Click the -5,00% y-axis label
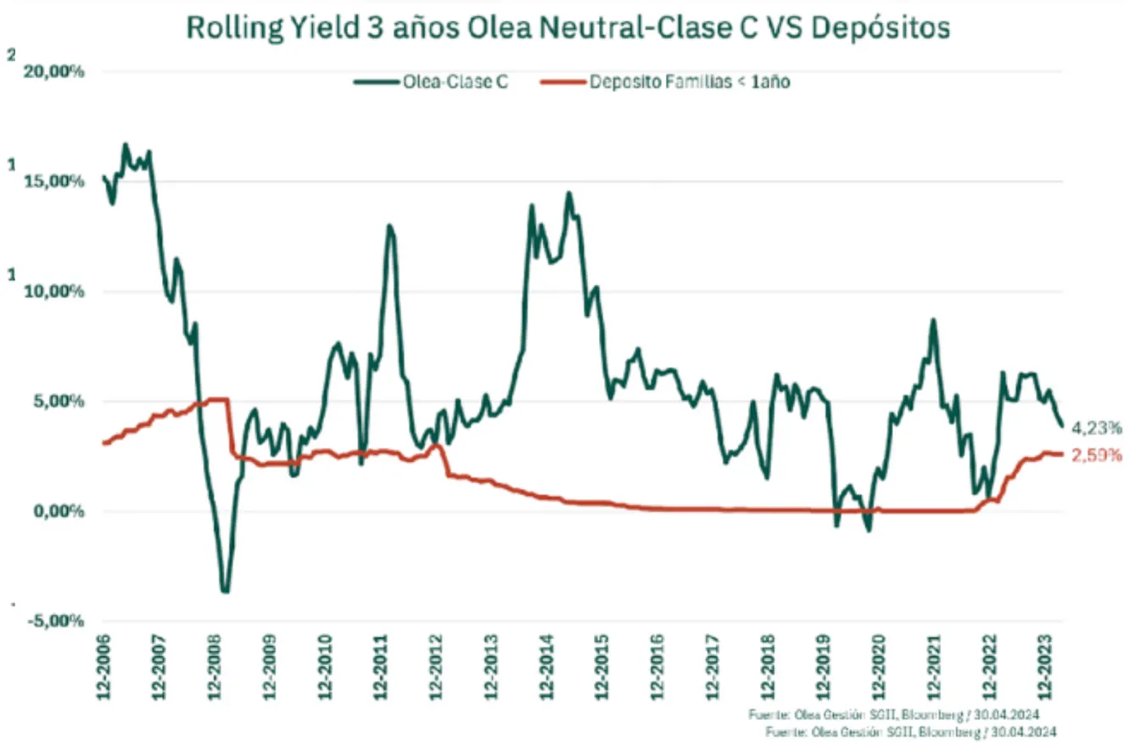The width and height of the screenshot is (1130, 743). click(x=56, y=621)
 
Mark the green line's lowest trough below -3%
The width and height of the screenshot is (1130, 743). click(x=225, y=590)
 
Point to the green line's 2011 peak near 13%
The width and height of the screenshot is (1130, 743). click(x=389, y=226)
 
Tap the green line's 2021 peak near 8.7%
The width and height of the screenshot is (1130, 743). click(x=933, y=320)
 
